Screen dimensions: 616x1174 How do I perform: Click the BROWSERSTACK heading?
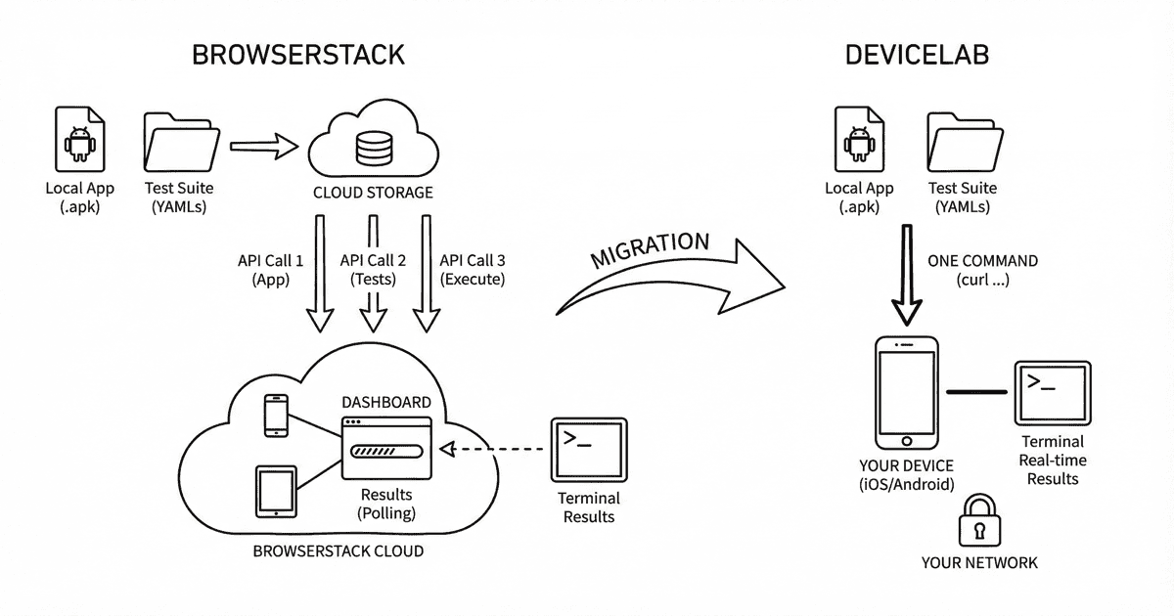point(298,55)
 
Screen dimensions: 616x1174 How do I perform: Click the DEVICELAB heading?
point(917,55)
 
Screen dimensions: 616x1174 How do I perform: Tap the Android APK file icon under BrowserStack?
point(79,142)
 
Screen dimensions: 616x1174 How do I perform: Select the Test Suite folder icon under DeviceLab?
point(964,142)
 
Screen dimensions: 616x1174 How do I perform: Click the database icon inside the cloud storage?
point(372,148)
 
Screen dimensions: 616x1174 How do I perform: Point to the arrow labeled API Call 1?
point(320,274)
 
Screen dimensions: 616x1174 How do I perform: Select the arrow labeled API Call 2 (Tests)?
point(371,274)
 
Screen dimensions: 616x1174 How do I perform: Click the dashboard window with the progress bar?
point(386,448)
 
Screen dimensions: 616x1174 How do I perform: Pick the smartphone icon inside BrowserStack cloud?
point(277,416)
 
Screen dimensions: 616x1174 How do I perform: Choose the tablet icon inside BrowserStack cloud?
point(276,491)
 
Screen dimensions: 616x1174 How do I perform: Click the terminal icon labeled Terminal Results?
point(588,449)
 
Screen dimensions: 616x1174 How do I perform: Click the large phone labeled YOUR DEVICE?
point(905,392)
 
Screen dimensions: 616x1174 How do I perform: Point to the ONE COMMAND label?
point(982,261)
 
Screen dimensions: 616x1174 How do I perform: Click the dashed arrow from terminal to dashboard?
point(494,449)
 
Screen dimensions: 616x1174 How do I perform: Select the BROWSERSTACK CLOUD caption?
point(339,550)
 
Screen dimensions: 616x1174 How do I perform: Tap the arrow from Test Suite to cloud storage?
point(263,147)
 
